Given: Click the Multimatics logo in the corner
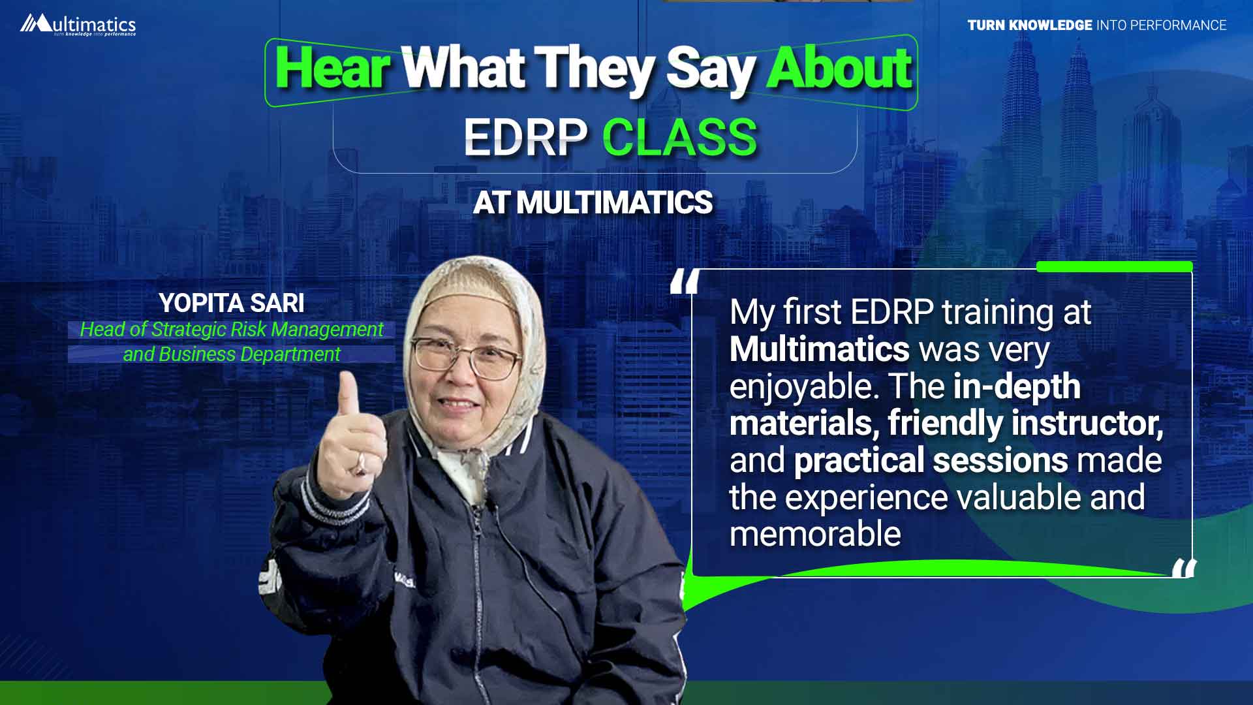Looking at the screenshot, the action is [x=78, y=25].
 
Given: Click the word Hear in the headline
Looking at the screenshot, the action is [x=333, y=68].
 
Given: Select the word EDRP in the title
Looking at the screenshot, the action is [x=525, y=138].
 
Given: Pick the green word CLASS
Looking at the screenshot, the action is [x=679, y=138].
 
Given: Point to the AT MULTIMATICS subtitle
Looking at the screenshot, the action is [x=593, y=202].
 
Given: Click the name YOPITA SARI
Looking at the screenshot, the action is [x=232, y=303].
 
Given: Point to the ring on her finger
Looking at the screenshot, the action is [x=360, y=465].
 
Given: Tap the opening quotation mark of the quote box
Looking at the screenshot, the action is [x=685, y=282].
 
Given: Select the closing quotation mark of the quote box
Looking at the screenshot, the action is [x=1184, y=568].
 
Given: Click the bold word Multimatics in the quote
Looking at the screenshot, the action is [x=819, y=349].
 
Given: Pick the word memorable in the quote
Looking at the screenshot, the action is [x=815, y=534].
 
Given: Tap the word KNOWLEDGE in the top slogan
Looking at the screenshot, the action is [x=1050, y=25].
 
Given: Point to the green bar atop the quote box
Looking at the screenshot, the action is [x=1114, y=266].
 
